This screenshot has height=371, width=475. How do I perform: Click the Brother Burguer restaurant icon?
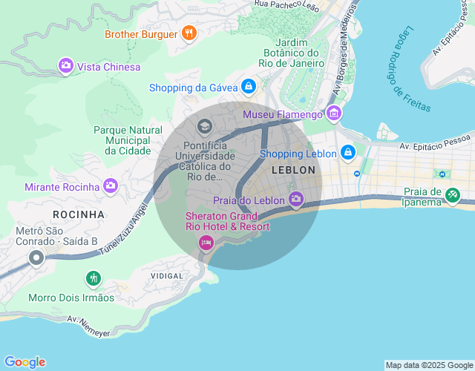pos(189,33)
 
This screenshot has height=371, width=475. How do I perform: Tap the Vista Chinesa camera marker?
pos(66,67)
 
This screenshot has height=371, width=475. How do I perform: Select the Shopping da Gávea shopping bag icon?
pos(249,88)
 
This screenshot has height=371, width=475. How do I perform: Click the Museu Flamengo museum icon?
pos(334,114)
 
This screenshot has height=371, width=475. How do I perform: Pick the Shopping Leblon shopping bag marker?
pos(347,154)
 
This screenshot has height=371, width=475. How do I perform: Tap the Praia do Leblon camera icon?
pos(296,199)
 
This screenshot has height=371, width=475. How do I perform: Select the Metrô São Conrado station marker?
pos(36,258)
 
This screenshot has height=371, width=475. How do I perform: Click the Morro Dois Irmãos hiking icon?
pos(93,279)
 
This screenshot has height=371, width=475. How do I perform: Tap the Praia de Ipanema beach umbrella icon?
pos(452,196)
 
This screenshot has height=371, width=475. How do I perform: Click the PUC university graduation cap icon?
pos(204,127)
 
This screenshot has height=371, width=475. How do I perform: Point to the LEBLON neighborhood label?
pos(294,170)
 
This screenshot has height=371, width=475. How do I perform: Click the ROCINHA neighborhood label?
pos(79,214)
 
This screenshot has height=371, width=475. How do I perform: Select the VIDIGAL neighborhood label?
pos(167,275)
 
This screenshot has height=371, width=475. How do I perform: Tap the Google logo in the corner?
pos(24,362)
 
